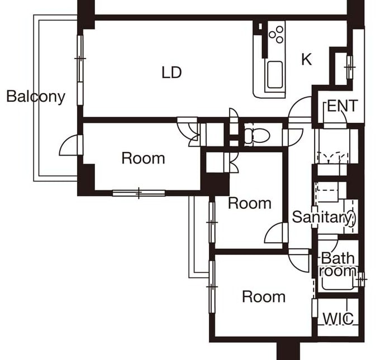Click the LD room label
(x=172, y=72)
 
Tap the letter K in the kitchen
(x=306, y=60)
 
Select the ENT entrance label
(x=342, y=106)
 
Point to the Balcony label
(x=35, y=97)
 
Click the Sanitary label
(x=323, y=217)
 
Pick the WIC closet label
(x=338, y=319)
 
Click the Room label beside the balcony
(x=143, y=158)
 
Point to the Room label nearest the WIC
(x=263, y=296)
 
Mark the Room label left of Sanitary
(x=250, y=203)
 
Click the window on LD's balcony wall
(x=80, y=58)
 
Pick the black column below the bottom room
(x=288, y=351)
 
